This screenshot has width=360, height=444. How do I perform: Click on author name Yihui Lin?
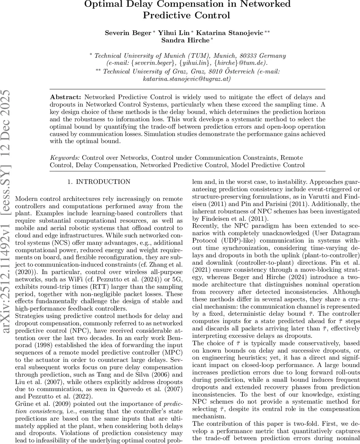tap(171, 33)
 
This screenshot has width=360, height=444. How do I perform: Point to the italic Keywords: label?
tap(65, 158)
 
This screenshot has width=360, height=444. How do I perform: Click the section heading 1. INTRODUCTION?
tap(99, 182)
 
